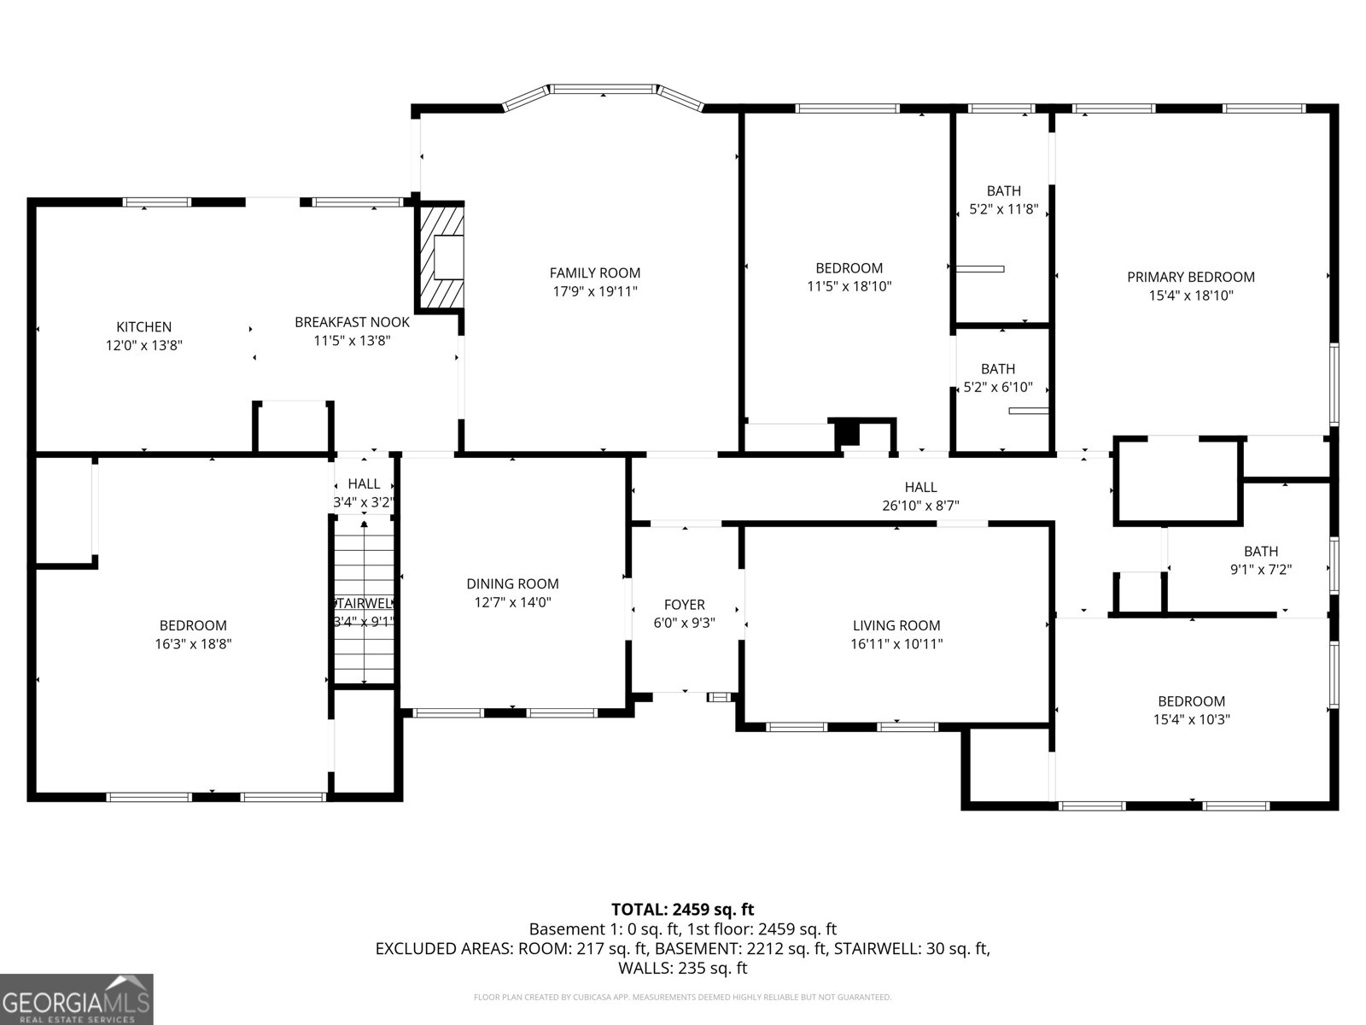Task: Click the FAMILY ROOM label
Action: click(594, 273)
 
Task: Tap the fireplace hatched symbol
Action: click(441, 257)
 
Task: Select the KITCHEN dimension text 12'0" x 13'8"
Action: click(144, 345)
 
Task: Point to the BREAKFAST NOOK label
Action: click(352, 322)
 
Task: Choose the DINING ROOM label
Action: click(512, 583)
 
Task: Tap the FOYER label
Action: click(684, 605)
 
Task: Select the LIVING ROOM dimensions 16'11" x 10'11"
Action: click(896, 644)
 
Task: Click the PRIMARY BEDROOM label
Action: click(1190, 277)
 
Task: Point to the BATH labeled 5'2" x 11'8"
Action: click(1003, 200)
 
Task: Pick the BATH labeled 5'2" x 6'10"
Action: click(998, 378)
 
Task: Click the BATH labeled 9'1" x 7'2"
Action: click(1260, 560)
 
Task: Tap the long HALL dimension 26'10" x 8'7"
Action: click(920, 506)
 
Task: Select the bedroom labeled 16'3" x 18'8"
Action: click(193, 635)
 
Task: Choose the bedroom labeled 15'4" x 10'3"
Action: click(1190, 710)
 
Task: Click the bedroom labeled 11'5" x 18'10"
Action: click(849, 277)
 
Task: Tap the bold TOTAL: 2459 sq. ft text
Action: click(682, 909)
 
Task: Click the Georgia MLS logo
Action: click(77, 999)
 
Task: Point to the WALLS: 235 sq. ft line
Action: click(682, 968)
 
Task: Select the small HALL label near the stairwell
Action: click(364, 484)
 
